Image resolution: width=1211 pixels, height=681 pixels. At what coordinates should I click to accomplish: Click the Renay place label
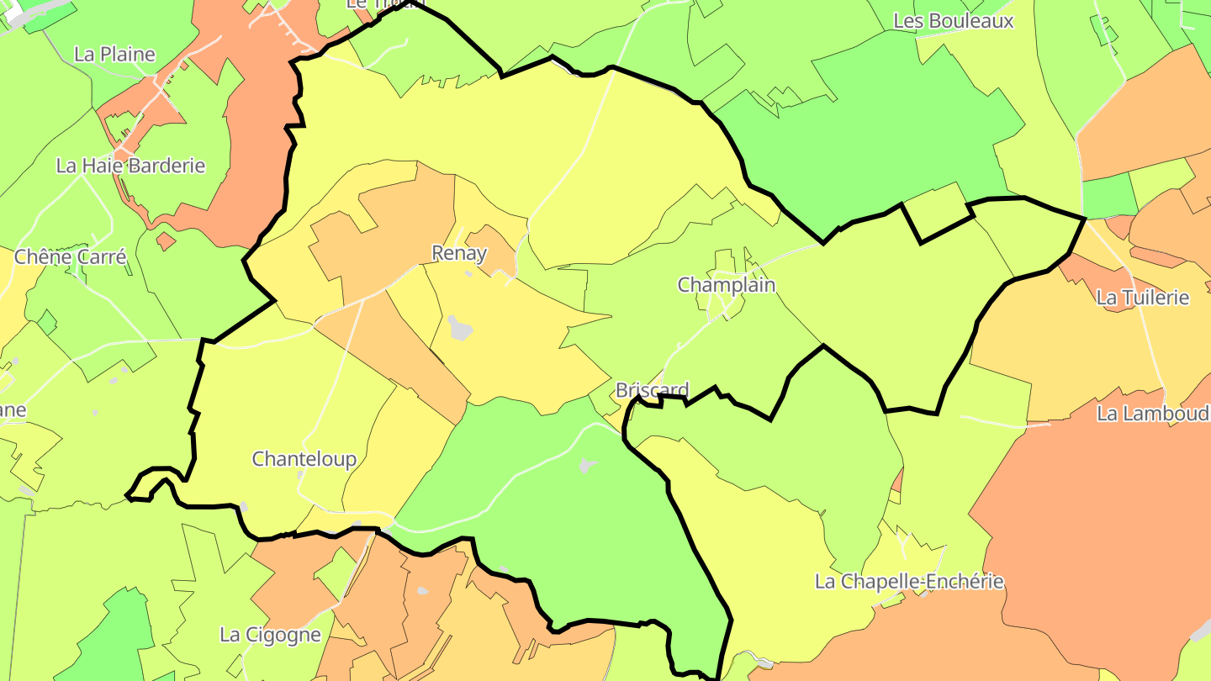coord(459,253)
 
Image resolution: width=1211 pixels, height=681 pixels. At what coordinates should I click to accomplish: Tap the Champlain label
coord(727,285)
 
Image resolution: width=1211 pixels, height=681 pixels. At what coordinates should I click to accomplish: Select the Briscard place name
coord(652,390)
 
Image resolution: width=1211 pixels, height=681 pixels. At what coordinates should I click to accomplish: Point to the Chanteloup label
coord(304,459)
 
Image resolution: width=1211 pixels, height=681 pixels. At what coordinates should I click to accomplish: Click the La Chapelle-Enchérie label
coord(909,581)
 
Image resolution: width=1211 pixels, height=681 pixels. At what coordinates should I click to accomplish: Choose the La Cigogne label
coord(270,635)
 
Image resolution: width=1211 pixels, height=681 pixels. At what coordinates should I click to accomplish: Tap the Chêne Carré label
coord(71,256)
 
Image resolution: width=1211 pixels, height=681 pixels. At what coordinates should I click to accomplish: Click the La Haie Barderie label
coord(130,166)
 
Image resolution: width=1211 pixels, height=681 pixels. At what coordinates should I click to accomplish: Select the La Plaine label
coord(114,55)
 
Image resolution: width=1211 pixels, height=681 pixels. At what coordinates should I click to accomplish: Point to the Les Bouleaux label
coord(954,21)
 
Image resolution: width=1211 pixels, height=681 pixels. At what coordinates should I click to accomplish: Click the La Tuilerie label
coord(1143,297)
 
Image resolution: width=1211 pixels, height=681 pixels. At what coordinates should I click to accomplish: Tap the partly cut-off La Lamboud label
coord(1153,413)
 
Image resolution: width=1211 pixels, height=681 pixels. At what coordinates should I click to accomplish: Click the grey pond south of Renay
coord(460,327)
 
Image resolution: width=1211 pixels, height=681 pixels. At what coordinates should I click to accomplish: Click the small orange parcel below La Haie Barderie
coord(166,242)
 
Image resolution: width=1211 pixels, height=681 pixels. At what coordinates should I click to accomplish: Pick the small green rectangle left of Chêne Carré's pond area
coord(46,320)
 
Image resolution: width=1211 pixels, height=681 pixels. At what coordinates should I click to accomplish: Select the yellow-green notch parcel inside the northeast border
coord(936,211)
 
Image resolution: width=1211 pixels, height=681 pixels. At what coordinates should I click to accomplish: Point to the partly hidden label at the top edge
coord(369,4)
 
